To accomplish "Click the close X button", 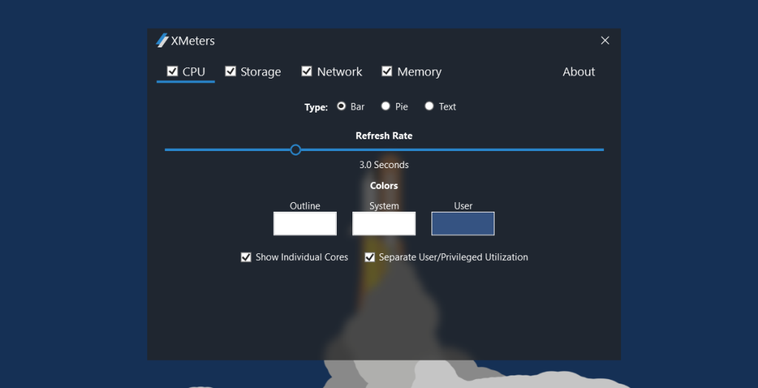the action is click(605, 41).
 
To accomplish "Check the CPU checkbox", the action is click(172, 71).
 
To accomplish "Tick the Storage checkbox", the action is click(231, 71).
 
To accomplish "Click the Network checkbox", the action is click(306, 71).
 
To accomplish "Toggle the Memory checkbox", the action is click(386, 71).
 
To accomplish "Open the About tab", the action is click(579, 72).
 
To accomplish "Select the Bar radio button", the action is click(341, 106).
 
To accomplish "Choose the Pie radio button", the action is click(385, 106).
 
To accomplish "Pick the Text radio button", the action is click(429, 106).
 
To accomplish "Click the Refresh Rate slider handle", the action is click(295, 150).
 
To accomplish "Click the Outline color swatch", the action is click(305, 224).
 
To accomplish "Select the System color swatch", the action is click(384, 224).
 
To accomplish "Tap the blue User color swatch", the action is click(463, 224).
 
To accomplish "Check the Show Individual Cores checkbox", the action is click(246, 258).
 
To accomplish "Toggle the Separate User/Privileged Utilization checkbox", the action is click(370, 258).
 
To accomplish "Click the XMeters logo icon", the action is click(162, 40).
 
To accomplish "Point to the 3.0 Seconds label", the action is click(384, 165).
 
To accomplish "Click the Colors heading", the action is click(384, 186).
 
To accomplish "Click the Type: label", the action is click(316, 107).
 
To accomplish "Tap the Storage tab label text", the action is click(261, 72).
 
